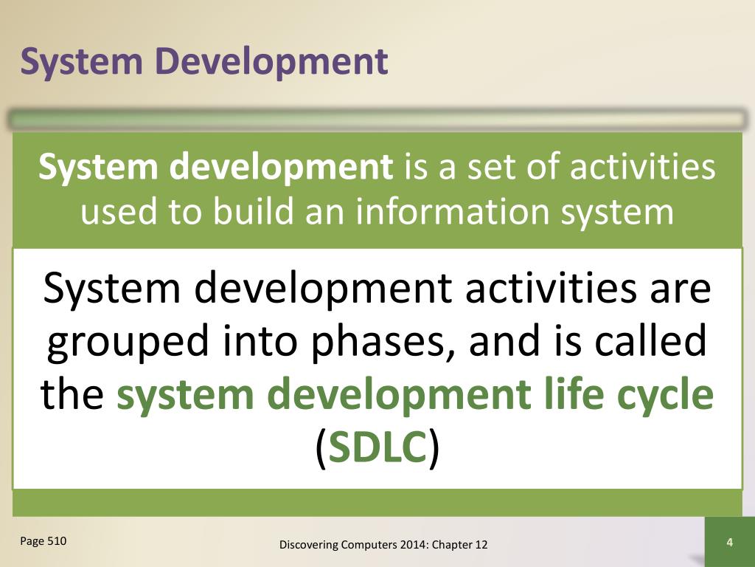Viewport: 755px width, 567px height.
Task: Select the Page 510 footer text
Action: tap(44, 541)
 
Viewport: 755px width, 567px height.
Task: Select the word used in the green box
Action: tap(119, 212)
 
